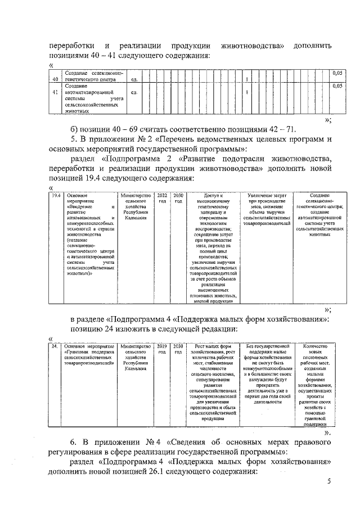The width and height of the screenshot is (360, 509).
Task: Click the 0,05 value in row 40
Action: pyautogui.click(x=337, y=73)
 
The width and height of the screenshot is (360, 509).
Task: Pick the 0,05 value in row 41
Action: pyautogui.click(x=337, y=86)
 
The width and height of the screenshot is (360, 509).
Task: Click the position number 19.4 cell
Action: pyautogui.click(x=56, y=195)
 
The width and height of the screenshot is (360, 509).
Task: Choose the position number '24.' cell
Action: pyautogui.click(x=55, y=346)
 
